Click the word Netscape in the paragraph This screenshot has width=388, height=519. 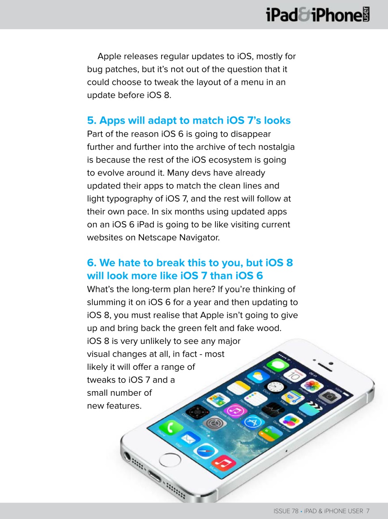point(156,238)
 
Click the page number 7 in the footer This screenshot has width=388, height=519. point(368,511)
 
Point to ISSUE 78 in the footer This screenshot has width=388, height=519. point(286,511)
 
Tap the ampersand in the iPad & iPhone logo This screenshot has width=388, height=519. point(304,15)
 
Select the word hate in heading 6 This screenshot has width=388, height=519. point(128,263)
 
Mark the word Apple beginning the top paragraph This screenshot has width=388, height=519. point(109,56)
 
